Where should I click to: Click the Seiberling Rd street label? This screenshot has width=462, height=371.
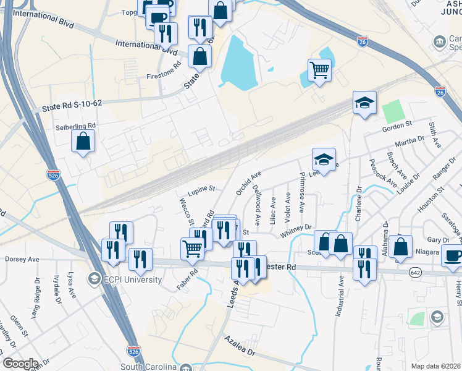(75, 126)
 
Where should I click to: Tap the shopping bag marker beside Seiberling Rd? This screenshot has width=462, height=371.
(83, 142)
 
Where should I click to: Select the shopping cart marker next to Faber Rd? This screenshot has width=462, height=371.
(192, 248)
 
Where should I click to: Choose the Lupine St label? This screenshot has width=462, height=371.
(201, 188)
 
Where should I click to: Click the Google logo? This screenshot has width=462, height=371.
(20, 364)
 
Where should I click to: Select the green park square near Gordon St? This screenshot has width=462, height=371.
(392, 111)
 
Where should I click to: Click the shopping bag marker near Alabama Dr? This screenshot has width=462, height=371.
(401, 246)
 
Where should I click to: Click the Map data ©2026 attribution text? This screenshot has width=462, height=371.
(435, 366)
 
